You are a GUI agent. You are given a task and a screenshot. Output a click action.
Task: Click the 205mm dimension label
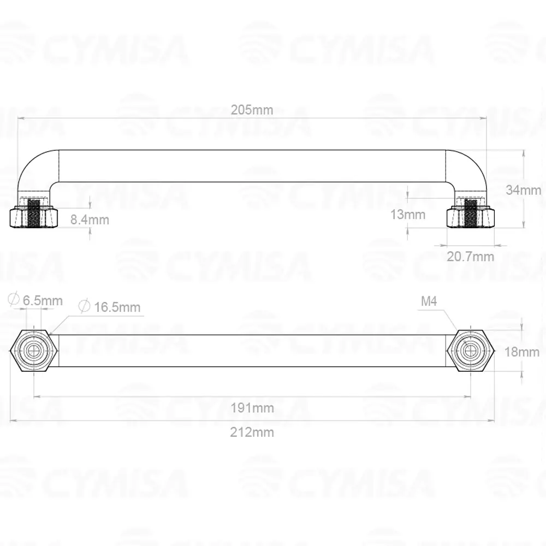252,110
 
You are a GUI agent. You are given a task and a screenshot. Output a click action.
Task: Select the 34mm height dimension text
523,190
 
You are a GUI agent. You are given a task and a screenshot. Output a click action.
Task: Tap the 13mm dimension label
408,215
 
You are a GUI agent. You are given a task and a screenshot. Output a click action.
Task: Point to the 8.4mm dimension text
90,220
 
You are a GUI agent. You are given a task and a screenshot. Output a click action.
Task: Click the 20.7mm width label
470,256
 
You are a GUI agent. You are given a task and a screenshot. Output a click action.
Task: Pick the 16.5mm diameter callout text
116,307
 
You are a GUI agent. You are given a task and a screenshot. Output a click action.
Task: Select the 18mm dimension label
521,352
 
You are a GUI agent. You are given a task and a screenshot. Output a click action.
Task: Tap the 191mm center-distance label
252,407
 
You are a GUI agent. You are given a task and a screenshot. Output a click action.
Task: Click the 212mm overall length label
252,432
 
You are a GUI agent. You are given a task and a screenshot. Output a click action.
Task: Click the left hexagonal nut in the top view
34,351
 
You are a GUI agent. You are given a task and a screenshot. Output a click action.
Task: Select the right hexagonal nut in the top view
470,351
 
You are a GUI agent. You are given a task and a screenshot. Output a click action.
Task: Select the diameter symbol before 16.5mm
84,307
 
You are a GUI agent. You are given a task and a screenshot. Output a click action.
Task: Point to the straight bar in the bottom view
252,351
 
